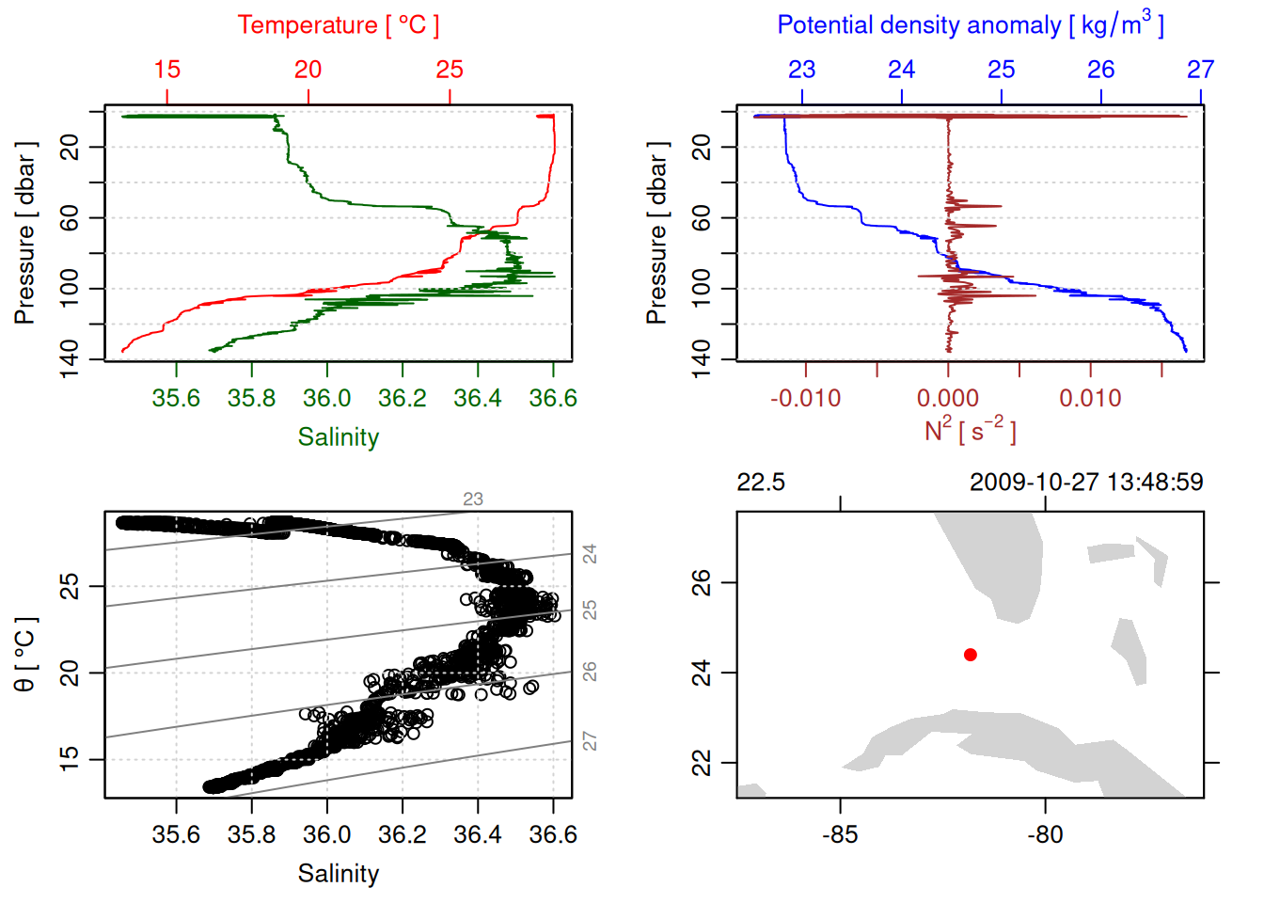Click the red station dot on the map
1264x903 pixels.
(x=971, y=655)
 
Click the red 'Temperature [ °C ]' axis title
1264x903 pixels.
(x=338, y=25)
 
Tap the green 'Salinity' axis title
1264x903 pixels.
(x=339, y=437)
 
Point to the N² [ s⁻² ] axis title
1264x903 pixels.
(x=970, y=431)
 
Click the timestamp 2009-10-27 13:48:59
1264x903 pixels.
(x=1086, y=483)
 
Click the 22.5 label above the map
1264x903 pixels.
(x=760, y=483)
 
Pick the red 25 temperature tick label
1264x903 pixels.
(x=450, y=70)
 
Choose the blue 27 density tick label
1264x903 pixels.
(x=1200, y=70)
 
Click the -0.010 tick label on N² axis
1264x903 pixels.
(x=805, y=399)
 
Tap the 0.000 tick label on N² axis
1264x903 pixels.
(x=948, y=399)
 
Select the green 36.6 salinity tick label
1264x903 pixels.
(x=553, y=399)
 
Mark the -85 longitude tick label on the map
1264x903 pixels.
(x=840, y=835)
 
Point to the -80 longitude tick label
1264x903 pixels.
(x=1045, y=835)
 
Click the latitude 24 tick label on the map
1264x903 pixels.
(x=702, y=673)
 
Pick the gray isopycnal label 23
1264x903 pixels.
(x=473, y=499)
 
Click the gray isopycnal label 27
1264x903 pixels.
(x=590, y=741)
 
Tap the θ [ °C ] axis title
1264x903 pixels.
(x=24, y=655)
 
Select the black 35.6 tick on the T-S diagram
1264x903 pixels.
(x=176, y=835)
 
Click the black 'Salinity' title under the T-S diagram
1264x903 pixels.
(x=339, y=874)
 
